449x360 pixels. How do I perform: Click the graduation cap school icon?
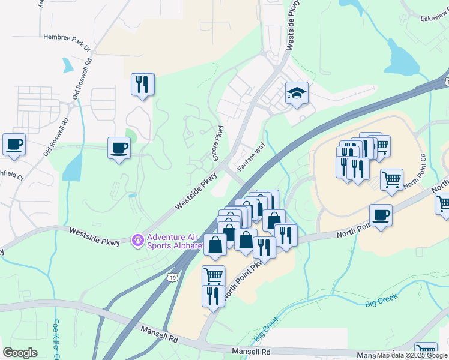296,93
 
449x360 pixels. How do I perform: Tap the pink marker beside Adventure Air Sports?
137,241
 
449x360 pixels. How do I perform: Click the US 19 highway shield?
172,277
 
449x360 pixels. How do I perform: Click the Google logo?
20,353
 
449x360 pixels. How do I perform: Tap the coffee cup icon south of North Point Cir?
381,215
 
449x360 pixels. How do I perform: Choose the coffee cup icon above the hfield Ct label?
14,145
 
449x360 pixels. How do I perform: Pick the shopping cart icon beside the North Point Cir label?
391,179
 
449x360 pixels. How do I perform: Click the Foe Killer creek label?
58,339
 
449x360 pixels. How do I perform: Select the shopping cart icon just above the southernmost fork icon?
213,276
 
